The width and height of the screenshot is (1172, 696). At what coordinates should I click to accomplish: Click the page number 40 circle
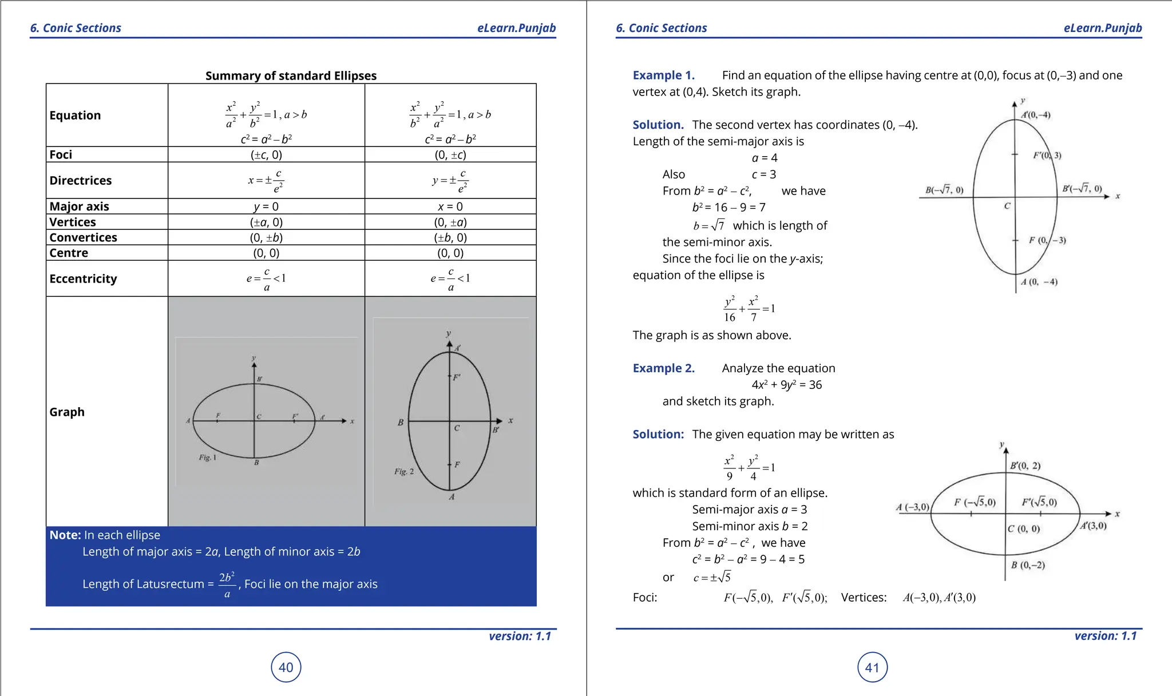click(x=286, y=667)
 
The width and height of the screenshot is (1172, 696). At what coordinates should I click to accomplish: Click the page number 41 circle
click(x=872, y=667)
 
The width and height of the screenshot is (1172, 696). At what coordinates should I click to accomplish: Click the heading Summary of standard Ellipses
click(x=291, y=75)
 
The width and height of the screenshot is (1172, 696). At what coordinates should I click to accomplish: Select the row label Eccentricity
click(x=83, y=279)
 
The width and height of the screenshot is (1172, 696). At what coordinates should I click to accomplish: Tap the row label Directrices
click(x=81, y=180)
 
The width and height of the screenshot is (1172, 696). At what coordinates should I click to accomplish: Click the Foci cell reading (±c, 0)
click(x=266, y=154)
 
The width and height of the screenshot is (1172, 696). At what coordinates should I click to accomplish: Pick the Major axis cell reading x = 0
click(x=450, y=206)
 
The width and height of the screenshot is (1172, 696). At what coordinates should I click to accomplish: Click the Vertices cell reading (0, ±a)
click(x=450, y=222)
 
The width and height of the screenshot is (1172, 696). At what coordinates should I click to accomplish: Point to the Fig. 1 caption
click(x=207, y=458)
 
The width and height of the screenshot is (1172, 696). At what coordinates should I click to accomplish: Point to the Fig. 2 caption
click(x=403, y=472)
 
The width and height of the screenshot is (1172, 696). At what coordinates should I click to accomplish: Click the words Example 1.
click(x=663, y=75)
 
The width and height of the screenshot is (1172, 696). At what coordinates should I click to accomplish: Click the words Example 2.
click(x=663, y=368)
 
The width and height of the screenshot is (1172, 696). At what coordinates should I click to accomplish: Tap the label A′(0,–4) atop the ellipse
click(x=1036, y=115)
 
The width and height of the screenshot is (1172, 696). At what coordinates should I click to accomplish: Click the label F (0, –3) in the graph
click(x=1047, y=240)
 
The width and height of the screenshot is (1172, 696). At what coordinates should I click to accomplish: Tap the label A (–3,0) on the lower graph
click(x=912, y=507)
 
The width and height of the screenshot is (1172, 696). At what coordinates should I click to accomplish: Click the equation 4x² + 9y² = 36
click(x=786, y=385)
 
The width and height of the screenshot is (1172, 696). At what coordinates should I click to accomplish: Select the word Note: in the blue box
click(x=65, y=535)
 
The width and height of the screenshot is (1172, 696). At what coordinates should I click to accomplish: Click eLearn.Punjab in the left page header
click(x=516, y=28)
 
